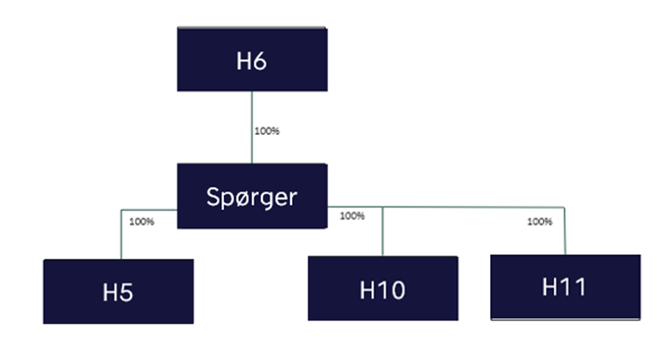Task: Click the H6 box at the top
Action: click(252, 59)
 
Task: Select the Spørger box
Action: click(252, 196)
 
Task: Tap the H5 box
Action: click(118, 291)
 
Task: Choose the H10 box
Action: click(383, 288)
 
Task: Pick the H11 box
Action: click(565, 287)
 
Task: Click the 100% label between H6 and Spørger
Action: click(267, 131)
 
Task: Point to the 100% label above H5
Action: click(141, 222)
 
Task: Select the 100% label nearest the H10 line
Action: click(352, 216)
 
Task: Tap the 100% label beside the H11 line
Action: click(540, 222)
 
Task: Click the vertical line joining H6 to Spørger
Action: click(252, 126)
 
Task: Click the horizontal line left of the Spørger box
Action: click(149, 210)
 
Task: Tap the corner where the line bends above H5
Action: click(121, 210)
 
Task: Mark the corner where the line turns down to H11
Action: click(565, 207)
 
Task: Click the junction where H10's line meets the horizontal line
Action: click(383, 207)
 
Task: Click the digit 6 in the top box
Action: click(260, 62)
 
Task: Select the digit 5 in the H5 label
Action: click(126, 293)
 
